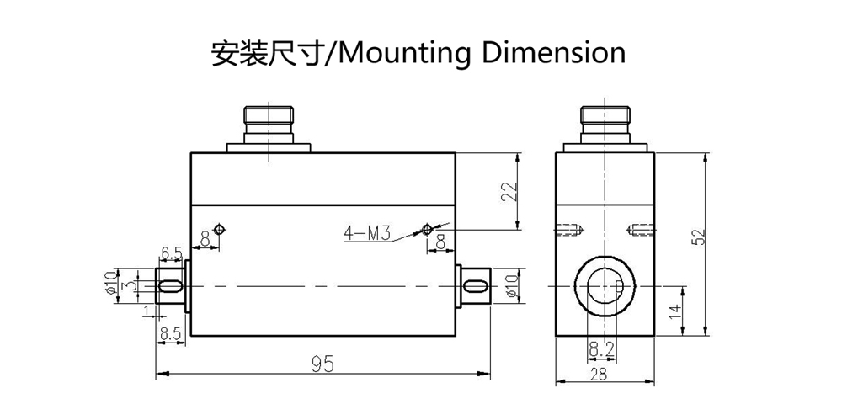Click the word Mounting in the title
[x=406, y=53]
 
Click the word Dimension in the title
[x=553, y=52]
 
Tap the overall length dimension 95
[x=322, y=364]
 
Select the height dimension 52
[x=699, y=237]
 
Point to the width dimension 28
[x=598, y=375]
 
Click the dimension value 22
[x=509, y=192]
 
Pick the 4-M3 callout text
[x=366, y=234]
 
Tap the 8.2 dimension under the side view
[x=601, y=349]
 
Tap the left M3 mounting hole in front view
[x=219, y=230]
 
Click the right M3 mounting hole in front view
[x=427, y=230]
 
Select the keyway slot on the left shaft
[x=170, y=286]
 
